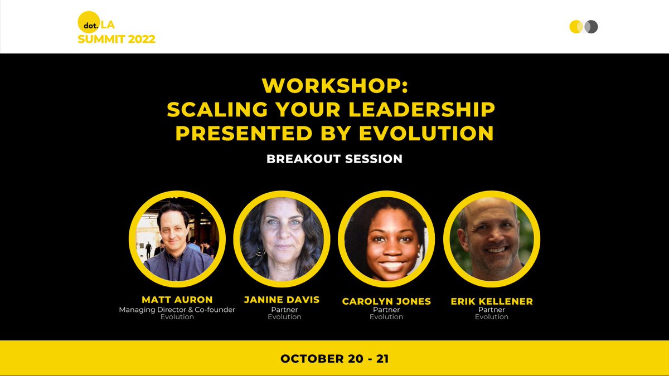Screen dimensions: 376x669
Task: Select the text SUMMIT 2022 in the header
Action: coord(117,39)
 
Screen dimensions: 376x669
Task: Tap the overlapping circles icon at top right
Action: coord(583,27)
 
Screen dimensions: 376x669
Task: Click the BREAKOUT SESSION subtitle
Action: coord(334,159)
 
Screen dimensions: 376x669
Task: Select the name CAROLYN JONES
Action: coord(386,301)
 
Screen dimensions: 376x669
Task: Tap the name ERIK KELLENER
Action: coord(492,301)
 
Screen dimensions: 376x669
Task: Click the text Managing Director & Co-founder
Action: coord(177,310)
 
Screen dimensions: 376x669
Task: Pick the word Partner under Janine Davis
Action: coord(284,310)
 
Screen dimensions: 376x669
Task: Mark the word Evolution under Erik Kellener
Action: coord(492,317)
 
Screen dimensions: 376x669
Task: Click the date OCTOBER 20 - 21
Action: coord(334,358)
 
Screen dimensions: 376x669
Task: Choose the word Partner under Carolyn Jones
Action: coord(386,310)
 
